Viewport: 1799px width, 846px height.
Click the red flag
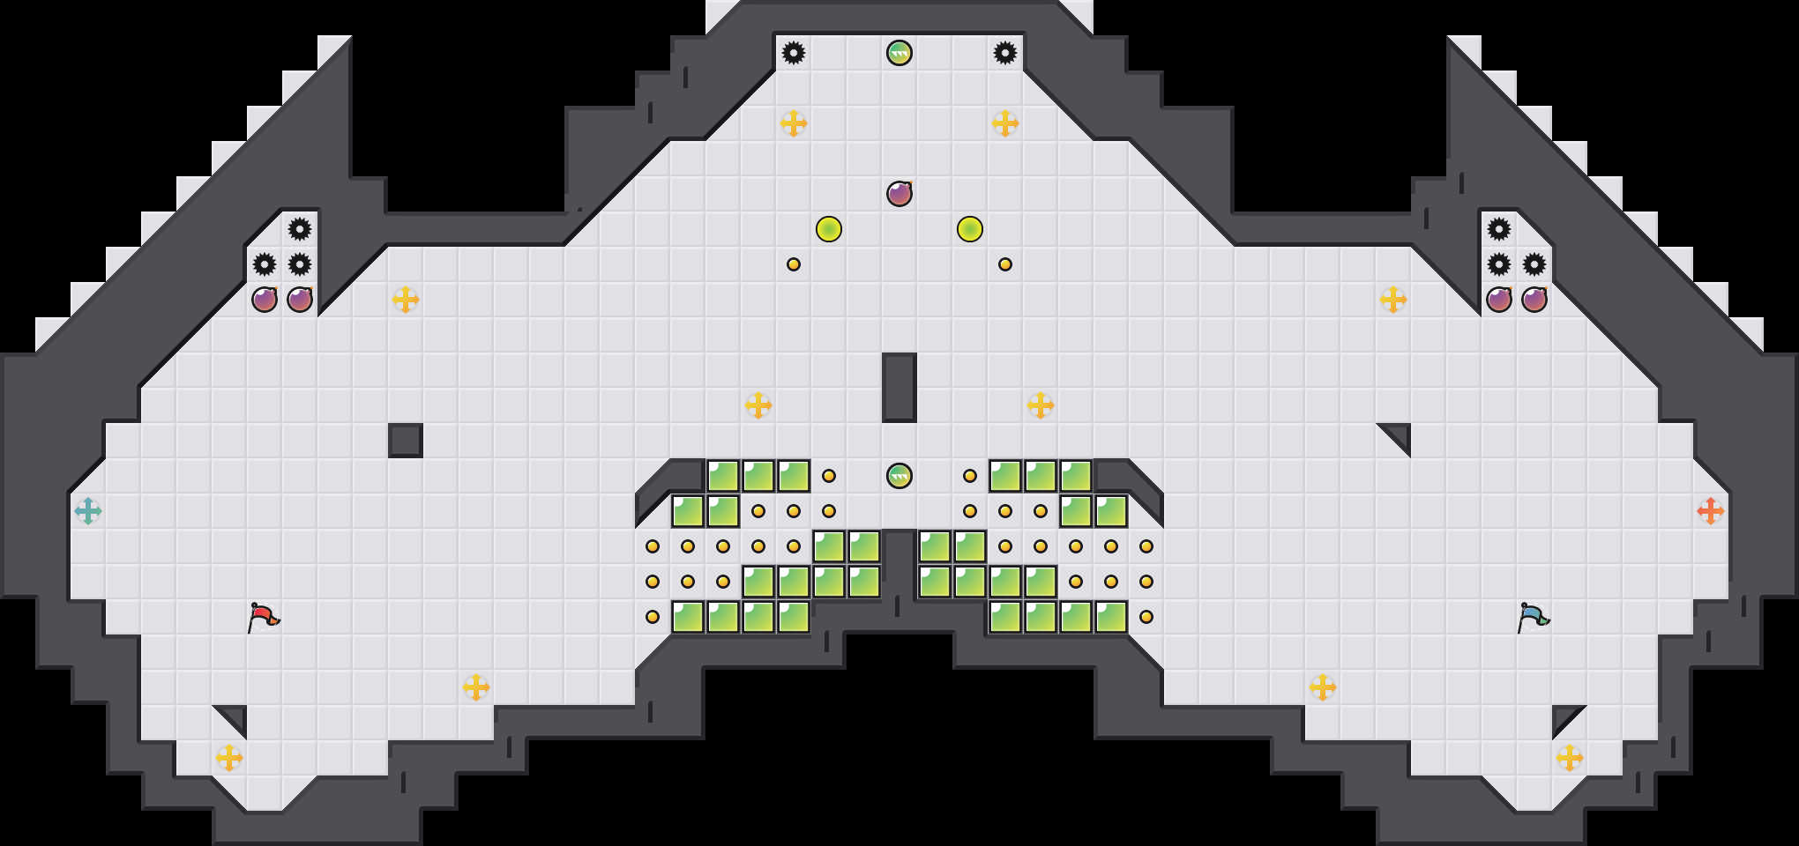coord(263,616)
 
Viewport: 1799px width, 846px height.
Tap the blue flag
coord(1533,616)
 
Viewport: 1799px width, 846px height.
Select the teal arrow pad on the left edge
coord(88,511)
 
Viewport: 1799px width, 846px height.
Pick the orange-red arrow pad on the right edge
coord(1711,511)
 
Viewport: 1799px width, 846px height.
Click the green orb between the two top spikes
coord(899,53)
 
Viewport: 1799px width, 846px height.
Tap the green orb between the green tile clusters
coord(899,476)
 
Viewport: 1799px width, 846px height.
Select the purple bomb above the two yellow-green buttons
coord(899,194)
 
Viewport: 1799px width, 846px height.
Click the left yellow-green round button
coord(829,229)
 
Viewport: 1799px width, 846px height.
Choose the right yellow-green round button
coord(970,229)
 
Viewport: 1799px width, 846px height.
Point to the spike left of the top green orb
coord(794,53)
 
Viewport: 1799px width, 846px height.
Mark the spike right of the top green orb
coord(1005,53)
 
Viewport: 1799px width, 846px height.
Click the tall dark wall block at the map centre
coord(899,388)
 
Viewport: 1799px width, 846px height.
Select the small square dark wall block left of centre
coord(406,441)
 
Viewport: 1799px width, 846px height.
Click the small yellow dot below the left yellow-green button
coord(794,264)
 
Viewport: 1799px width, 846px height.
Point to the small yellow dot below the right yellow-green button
coord(1005,264)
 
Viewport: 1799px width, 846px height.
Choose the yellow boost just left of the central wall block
coord(758,405)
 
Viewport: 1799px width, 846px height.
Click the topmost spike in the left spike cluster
coord(300,229)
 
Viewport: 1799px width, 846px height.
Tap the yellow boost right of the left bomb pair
coord(406,300)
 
